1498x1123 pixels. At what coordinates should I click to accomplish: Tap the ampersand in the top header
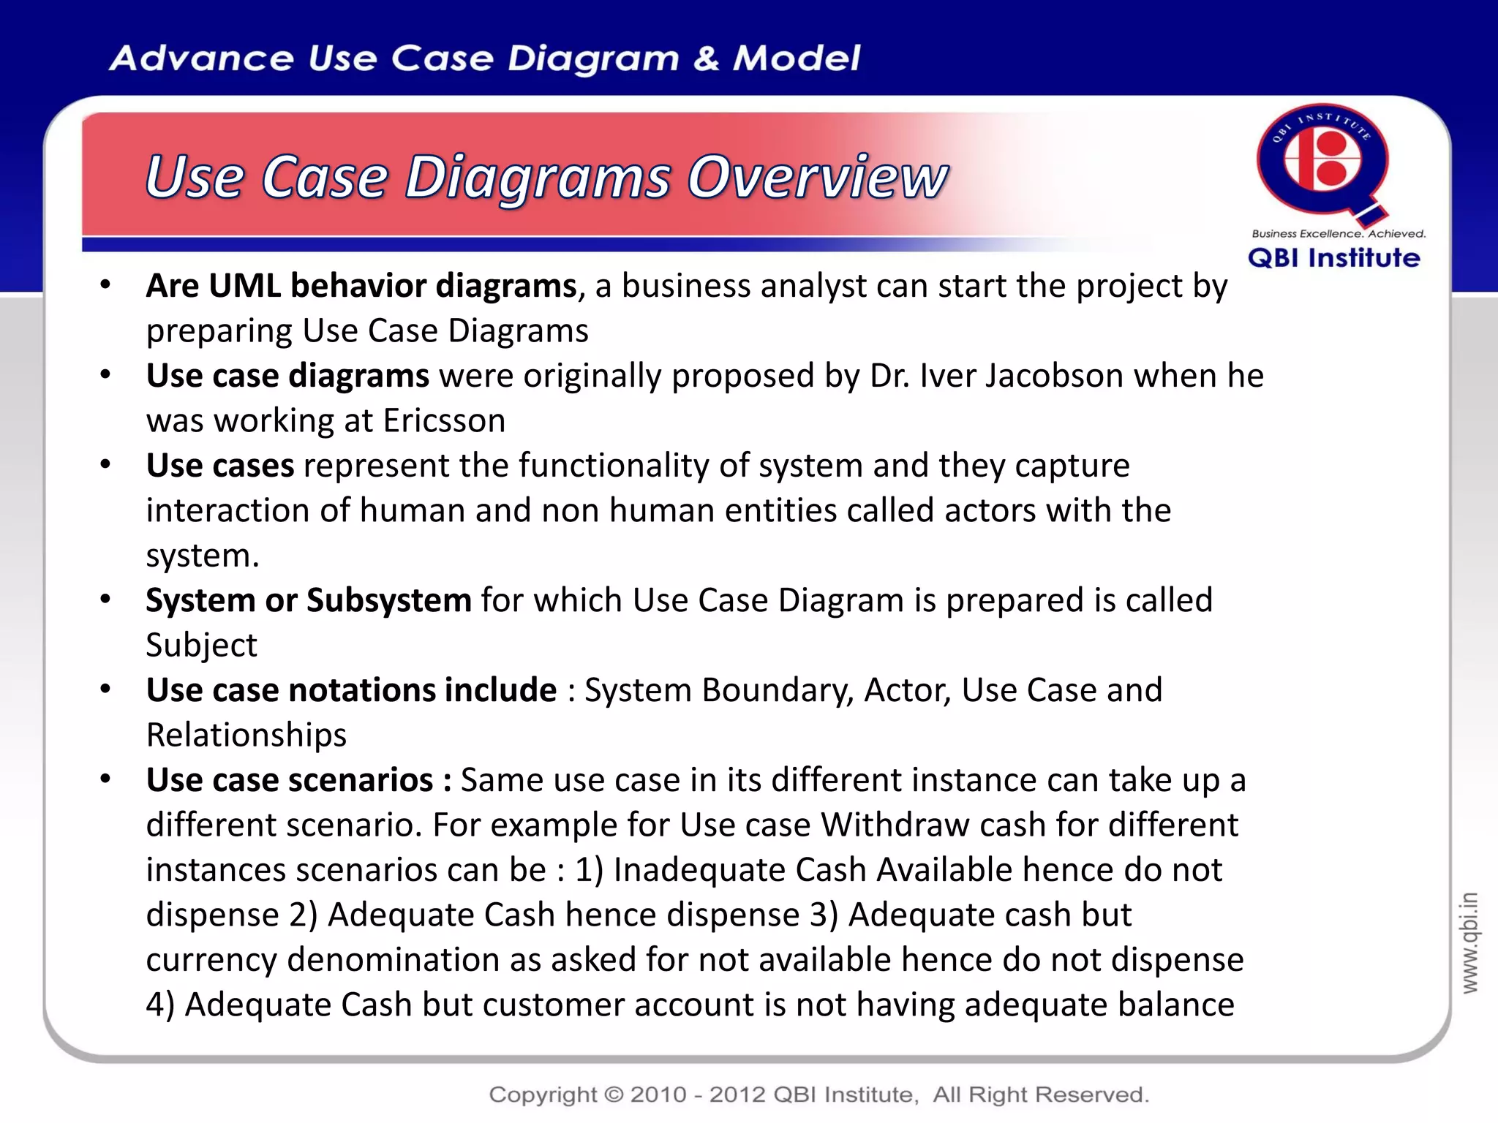[706, 58]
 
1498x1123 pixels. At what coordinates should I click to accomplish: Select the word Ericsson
[444, 421]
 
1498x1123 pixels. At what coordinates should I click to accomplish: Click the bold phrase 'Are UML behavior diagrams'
[361, 286]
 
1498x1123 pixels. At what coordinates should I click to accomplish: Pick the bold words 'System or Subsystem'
[308, 600]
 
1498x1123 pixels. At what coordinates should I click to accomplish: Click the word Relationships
[246, 735]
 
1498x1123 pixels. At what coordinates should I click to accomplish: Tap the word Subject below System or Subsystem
[201, 646]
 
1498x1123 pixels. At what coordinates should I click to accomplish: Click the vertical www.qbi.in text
[1469, 942]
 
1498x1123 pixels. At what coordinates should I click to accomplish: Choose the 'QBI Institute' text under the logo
[1333, 258]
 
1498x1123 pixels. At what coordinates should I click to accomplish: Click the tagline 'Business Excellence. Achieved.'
[1339, 234]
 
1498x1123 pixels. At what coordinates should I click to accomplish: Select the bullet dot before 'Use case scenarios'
[106, 779]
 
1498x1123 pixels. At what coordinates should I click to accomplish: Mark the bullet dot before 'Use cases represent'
[106, 465]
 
